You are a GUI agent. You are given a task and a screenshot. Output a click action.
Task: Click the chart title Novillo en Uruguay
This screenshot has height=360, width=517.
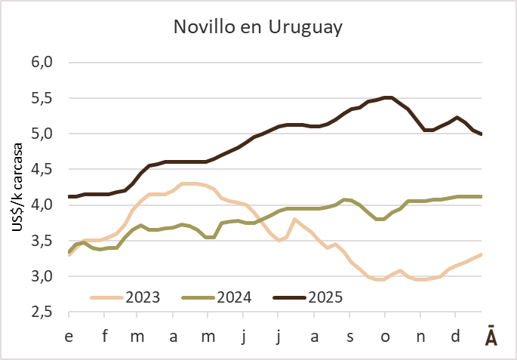point(258,28)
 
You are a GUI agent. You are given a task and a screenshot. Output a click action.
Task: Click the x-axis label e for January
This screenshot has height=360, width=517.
point(69,334)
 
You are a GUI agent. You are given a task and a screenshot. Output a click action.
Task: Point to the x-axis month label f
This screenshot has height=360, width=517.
point(104,334)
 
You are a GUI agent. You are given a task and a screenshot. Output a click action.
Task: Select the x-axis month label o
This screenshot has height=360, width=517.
point(385,334)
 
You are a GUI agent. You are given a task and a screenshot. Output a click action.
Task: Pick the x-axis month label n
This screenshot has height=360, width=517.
point(420,334)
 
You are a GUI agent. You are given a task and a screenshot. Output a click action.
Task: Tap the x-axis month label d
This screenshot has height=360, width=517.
point(455,334)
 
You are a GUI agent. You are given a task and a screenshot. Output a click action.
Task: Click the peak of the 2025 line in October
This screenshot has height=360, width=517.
point(388,97)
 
